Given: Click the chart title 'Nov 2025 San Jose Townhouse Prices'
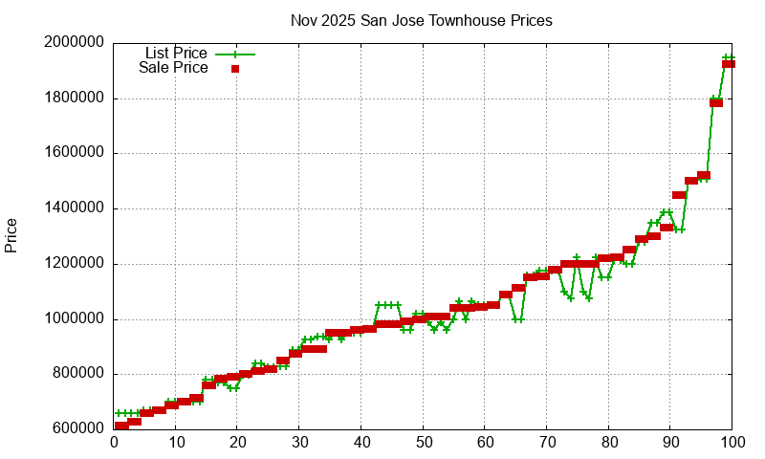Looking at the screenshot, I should pos(421,20).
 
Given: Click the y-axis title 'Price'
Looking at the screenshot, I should pos(11,235).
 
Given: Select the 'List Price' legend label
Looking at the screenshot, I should pos(176,54).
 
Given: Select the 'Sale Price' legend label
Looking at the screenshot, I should pos(173,68).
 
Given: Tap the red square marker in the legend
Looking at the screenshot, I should pos(234,68).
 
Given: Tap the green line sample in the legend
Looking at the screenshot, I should pos(234,54).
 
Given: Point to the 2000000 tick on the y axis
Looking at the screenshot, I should pos(75,43).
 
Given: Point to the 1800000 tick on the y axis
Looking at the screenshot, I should pos(75,98).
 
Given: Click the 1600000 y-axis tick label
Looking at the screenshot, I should pos(75,154).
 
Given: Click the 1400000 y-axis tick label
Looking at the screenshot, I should pos(75,209).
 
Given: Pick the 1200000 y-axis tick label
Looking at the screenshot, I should pos(75,265).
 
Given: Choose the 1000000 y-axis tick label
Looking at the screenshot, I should pos(75,319).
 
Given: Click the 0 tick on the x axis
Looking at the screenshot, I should pos(114,443).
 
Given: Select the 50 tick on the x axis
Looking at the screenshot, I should pos(423,443).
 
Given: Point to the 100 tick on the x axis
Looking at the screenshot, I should pos(732,443).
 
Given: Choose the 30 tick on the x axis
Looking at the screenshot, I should pos(299,443).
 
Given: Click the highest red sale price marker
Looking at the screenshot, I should pos(728,64).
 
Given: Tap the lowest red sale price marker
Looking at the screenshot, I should pos(120,426).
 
